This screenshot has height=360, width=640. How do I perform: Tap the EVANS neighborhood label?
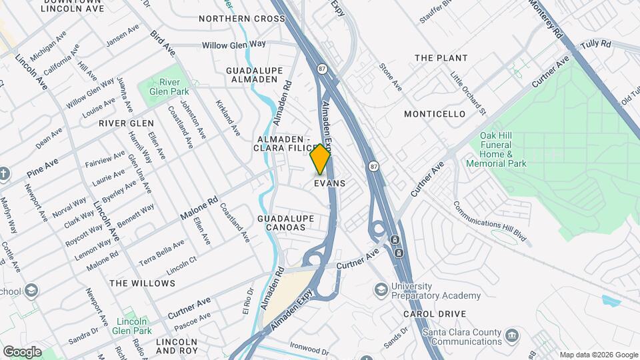coord(329,183)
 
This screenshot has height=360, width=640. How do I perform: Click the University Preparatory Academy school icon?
coord(381,289)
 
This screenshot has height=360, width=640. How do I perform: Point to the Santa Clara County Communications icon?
coord(512,334)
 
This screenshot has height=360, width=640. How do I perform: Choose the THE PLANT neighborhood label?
coord(441,58)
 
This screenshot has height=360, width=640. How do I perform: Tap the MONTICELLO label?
coord(435,114)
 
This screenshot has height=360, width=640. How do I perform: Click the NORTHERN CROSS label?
coord(241,19)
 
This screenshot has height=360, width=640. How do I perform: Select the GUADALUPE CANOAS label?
coord(281,223)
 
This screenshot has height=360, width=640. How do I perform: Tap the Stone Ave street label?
coord(391,77)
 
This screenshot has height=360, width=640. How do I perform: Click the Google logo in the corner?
coord(22,351)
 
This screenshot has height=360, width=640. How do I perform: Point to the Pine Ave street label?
coord(43,168)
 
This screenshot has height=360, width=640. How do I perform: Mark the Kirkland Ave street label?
coord(227,119)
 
